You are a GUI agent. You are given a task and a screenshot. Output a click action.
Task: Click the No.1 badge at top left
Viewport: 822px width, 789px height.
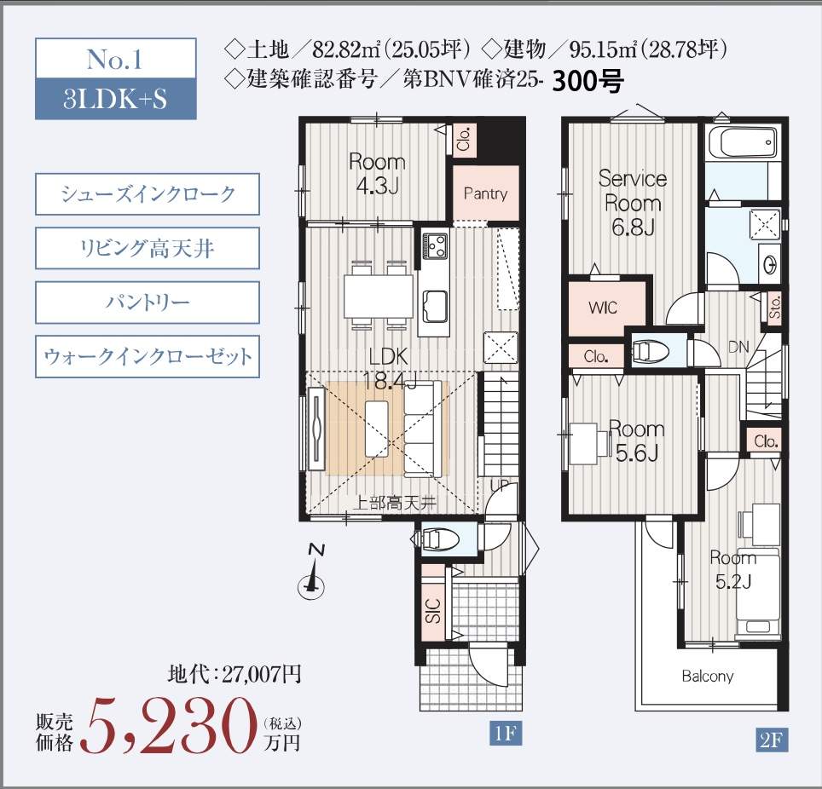(x=114, y=60)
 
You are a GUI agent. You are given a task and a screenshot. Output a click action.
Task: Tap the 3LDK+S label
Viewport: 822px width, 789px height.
(x=114, y=99)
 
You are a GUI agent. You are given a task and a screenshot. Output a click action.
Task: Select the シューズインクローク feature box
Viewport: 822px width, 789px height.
(x=148, y=194)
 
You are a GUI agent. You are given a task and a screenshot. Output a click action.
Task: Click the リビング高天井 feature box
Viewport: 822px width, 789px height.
(x=148, y=249)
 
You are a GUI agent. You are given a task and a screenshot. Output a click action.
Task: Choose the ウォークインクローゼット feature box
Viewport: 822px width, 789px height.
(x=148, y=356)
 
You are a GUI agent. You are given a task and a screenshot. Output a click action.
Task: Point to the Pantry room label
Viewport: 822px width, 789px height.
(x=485, y=193)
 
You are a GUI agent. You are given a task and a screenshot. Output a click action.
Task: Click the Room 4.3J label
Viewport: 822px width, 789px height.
(x=377, y=174)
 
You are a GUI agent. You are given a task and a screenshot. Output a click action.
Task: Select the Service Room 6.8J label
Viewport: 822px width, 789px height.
(x=632, y=203)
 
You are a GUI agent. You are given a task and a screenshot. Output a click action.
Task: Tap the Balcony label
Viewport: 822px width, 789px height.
(x=707, y=677)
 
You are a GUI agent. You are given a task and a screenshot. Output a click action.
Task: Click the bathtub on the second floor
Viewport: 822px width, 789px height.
(x=743, y=142)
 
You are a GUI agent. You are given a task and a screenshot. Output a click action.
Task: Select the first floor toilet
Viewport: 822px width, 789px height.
(x=439, y=539)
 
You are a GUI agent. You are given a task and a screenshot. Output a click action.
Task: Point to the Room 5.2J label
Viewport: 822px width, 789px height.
(x=732, y=569)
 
